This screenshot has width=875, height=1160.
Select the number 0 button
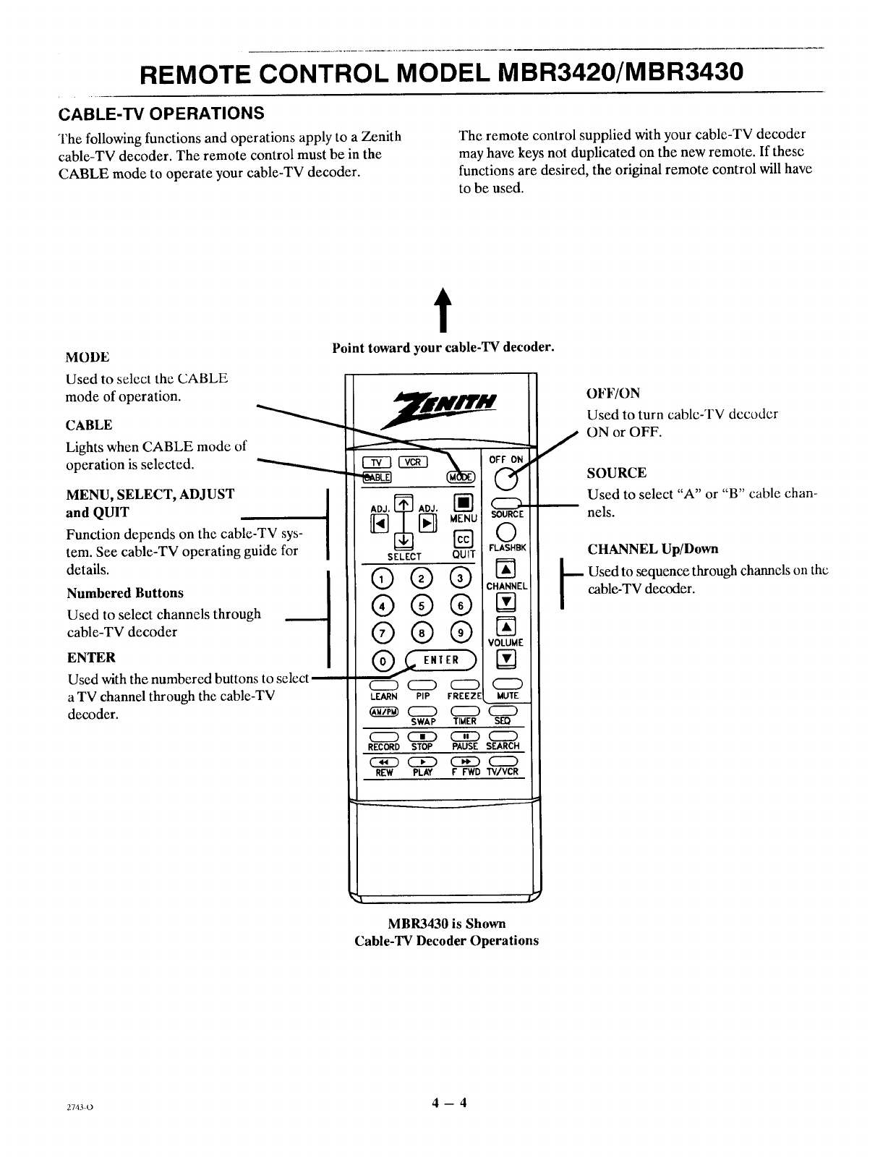pos(380,660)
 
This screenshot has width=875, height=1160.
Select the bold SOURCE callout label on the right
pos(616,473)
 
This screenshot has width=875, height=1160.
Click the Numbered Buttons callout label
pos(125,593)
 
